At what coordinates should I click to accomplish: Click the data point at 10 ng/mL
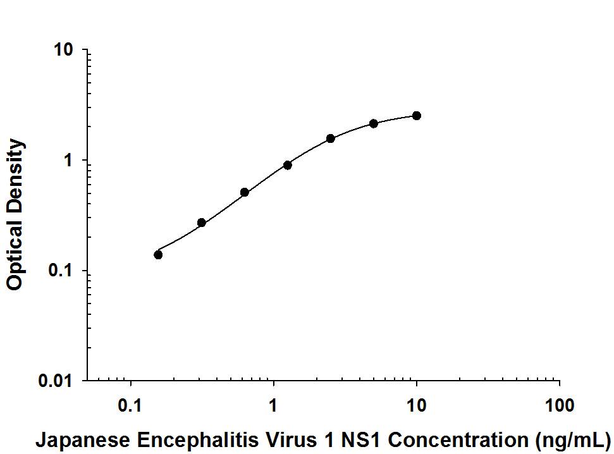coord(416,116)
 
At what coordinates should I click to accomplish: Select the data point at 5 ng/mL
coord(374,123)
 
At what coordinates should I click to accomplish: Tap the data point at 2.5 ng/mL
coord(331,138)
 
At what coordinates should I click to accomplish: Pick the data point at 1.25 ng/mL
coord(288,165)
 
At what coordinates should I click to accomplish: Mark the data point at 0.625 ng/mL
coord(245,192)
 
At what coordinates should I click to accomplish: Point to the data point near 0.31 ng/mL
coord(202,223)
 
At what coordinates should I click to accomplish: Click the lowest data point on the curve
coord(158,255)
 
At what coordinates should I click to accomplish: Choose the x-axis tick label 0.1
coord(131,405)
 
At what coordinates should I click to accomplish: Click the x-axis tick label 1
coord(273,405)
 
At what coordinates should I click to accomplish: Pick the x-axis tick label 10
coord(416,405)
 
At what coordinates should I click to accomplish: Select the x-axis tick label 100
coord(559,405)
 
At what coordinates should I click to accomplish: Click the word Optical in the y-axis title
coord(15,253)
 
